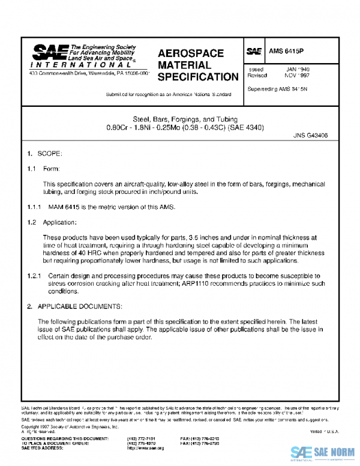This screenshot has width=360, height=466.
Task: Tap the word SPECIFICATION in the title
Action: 198,77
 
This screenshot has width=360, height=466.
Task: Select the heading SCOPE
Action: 50,154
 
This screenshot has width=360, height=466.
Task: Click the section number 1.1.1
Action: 36,207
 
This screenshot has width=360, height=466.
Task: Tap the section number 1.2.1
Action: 36,276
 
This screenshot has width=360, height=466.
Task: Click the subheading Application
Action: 60,222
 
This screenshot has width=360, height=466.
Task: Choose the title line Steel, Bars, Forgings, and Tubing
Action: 180,119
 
